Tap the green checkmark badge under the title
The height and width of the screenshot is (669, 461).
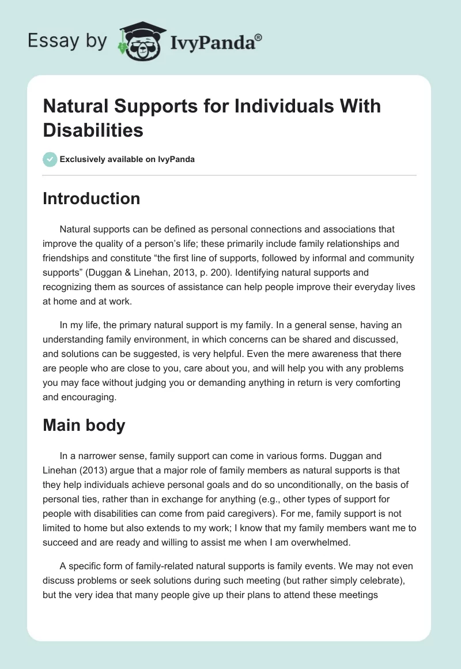(x=51, y=159)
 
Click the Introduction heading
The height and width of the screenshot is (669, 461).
(x=92, y=198)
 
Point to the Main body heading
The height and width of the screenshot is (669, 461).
(x=84, y=425)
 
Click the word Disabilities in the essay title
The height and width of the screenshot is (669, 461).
(x=93, y=130)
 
